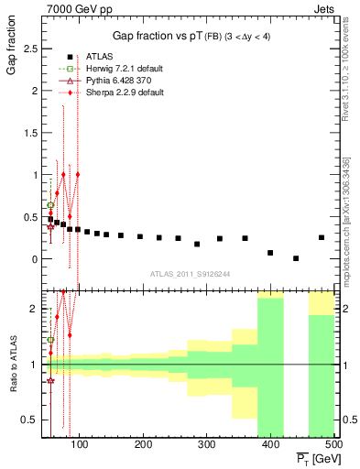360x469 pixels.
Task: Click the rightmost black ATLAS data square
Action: click(322, 237)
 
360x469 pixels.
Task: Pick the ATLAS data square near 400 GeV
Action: click(270, 253)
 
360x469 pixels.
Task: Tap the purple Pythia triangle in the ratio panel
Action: click(50, 380)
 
